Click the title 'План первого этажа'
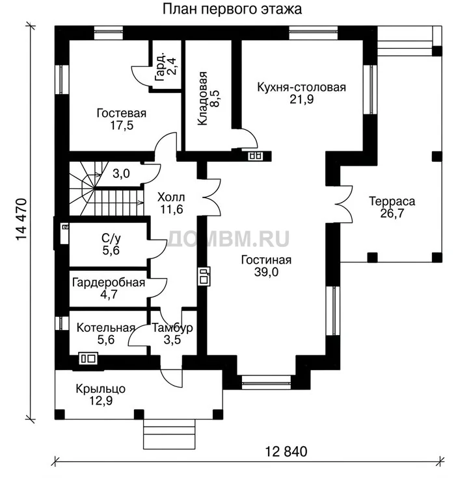click(232, 9)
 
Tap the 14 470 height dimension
click(21, 220)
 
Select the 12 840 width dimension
click(286, 451)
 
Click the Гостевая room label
click(122, 113)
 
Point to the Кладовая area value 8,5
click(215, 99)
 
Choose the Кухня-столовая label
click(302, 88)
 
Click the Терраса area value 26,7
click(392, 214)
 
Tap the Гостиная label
click(266, 260)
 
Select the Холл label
click(171, 197)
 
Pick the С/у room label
click(111, 238)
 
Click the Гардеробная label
click(109, 283)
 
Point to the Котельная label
click(106, 328)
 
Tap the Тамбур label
click(172, 328)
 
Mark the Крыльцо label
click(101, 389)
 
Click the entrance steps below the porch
click(169, 434)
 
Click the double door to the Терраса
click(344, 204)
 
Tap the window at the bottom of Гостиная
click(266, 383)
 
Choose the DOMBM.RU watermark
click(228, 238)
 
